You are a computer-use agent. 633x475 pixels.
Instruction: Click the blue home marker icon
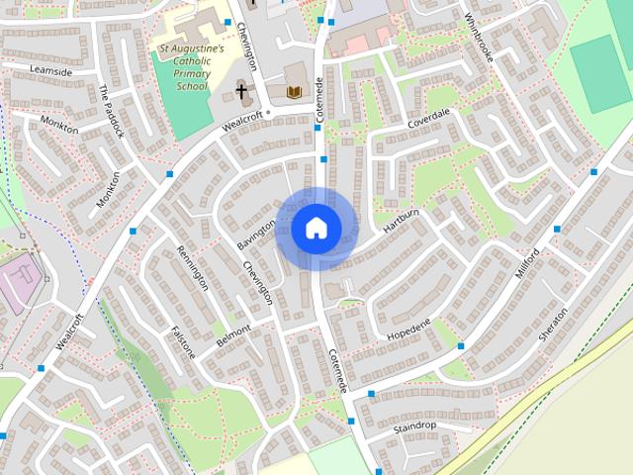click(x=316, y=228)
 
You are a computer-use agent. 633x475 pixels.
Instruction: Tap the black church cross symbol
click(x=240, y=91)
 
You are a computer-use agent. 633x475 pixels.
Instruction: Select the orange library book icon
click(x=293, y=92)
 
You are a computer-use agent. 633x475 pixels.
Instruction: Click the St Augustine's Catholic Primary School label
click(x=192, y=66)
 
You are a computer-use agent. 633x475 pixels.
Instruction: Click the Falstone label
click(x=184, y=341)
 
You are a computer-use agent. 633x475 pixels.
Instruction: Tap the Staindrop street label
click(x=412, y=427)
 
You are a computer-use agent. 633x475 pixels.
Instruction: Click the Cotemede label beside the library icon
click(x=319, y=100)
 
